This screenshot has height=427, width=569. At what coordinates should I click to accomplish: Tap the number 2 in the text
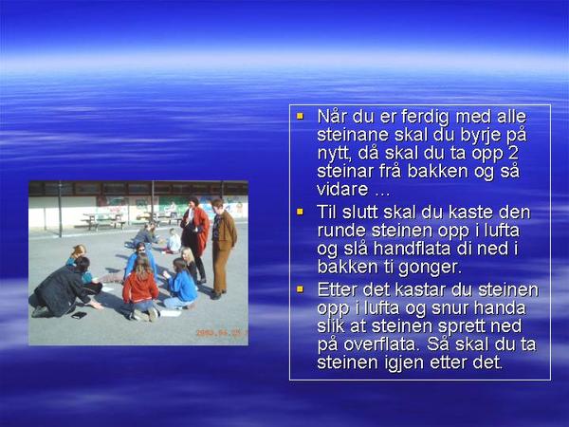click(x=513, y=153)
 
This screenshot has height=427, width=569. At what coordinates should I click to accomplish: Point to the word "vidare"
click(x=342, y=189)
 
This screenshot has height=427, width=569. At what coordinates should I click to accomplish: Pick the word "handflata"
click(x=413, y=249)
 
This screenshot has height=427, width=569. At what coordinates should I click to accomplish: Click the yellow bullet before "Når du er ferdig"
click(x=300, y=117)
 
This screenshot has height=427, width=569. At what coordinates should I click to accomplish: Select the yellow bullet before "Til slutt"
click(x=300, y=212)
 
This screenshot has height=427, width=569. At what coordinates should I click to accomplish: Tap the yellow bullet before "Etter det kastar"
click(x=300, y=289)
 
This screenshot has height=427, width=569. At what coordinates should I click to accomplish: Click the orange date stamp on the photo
click(x=221, y=333)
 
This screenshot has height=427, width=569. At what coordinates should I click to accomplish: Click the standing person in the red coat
click(x=195, y=236)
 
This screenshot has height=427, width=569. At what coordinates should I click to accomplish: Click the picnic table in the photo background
click(x=103, y=220)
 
